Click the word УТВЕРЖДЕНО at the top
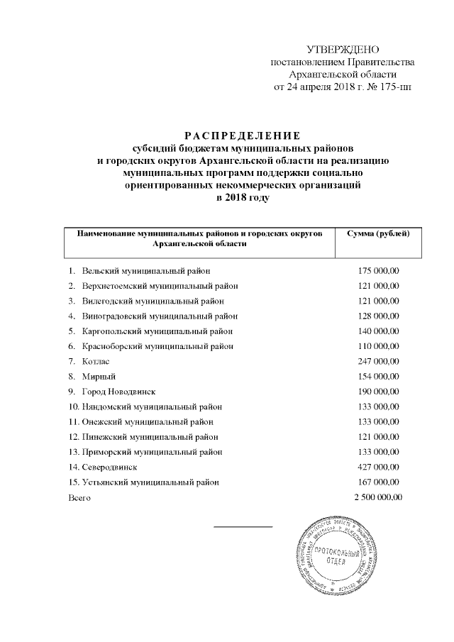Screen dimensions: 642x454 pyautogui.click(x=342, y=49)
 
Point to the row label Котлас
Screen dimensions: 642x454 pyautogui.click(x=96, y=361)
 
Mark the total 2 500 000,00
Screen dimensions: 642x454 pyautogui.click(x=377, y=497)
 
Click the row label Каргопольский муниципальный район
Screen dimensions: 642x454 pyautogui.click(x=157, y=331)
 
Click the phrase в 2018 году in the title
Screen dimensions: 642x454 pyautogui.click(x=243, y=197)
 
